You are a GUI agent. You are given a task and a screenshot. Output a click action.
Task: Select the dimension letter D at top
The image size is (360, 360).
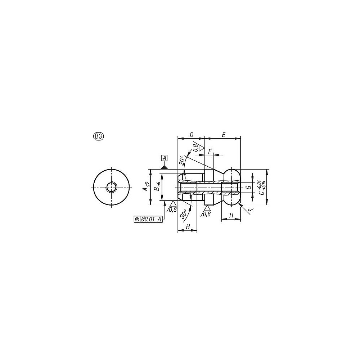click(191, 135)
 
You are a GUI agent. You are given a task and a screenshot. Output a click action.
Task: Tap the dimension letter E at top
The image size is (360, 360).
click(223, 135)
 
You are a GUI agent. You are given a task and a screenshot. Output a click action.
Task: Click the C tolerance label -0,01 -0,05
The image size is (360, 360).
click(262, 187)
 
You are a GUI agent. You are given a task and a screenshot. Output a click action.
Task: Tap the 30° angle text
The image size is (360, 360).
click(184, 213)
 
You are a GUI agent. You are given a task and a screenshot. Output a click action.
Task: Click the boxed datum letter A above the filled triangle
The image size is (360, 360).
click(164, 158)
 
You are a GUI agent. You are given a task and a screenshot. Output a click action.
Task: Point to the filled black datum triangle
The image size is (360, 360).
click(164, 167)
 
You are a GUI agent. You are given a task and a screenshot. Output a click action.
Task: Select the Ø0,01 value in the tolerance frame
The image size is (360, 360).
click(148, 219)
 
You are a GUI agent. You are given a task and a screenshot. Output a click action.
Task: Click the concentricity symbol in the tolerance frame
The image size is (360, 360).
click(137, 219)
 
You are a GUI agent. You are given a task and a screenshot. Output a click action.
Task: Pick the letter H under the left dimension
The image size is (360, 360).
click(188, 226)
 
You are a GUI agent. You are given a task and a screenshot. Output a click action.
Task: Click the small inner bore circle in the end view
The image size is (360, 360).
click(111, 187)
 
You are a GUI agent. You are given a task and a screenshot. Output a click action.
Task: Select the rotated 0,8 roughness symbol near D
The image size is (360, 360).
click(197, 147)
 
